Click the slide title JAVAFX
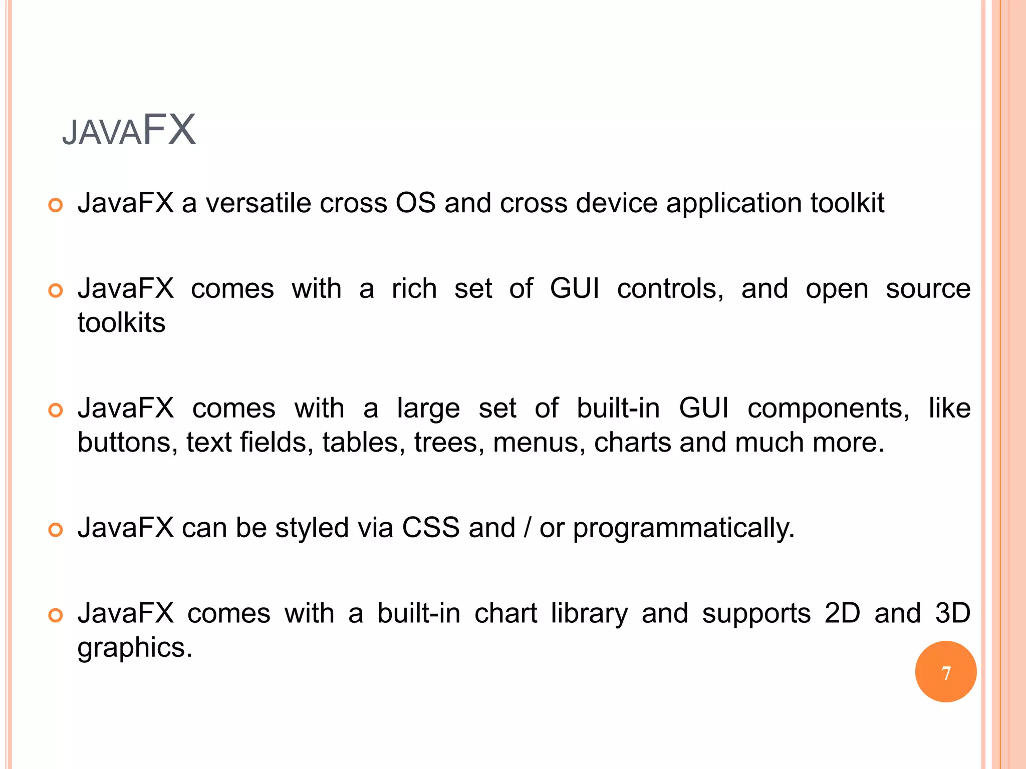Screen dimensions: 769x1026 [129, 130]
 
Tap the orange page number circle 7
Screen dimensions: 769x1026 [945, 672]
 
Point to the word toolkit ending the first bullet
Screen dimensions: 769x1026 [847, 203]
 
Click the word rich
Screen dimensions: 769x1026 [414, 289]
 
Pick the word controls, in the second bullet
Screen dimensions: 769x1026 [670, 289]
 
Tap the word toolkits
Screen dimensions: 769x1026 [121, 323]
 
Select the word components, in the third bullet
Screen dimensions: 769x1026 [828, 409]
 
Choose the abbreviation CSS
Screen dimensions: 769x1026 [430, 528]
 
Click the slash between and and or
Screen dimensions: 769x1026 [527, 528]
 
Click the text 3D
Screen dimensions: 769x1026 [953, 613]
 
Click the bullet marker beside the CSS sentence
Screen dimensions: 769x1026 [56, 530]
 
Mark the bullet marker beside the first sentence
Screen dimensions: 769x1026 [56, 205]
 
